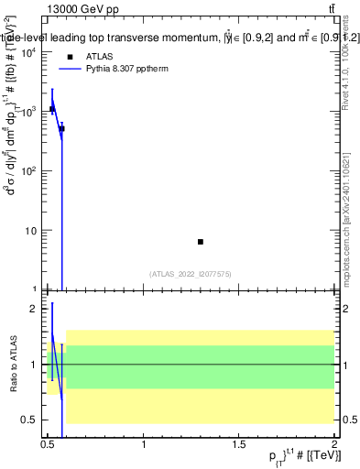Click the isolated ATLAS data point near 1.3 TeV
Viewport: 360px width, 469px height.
tap(201, 242)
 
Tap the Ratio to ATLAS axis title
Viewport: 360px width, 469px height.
tap(13, 365)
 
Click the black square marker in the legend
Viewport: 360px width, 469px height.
tap(70, 56)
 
